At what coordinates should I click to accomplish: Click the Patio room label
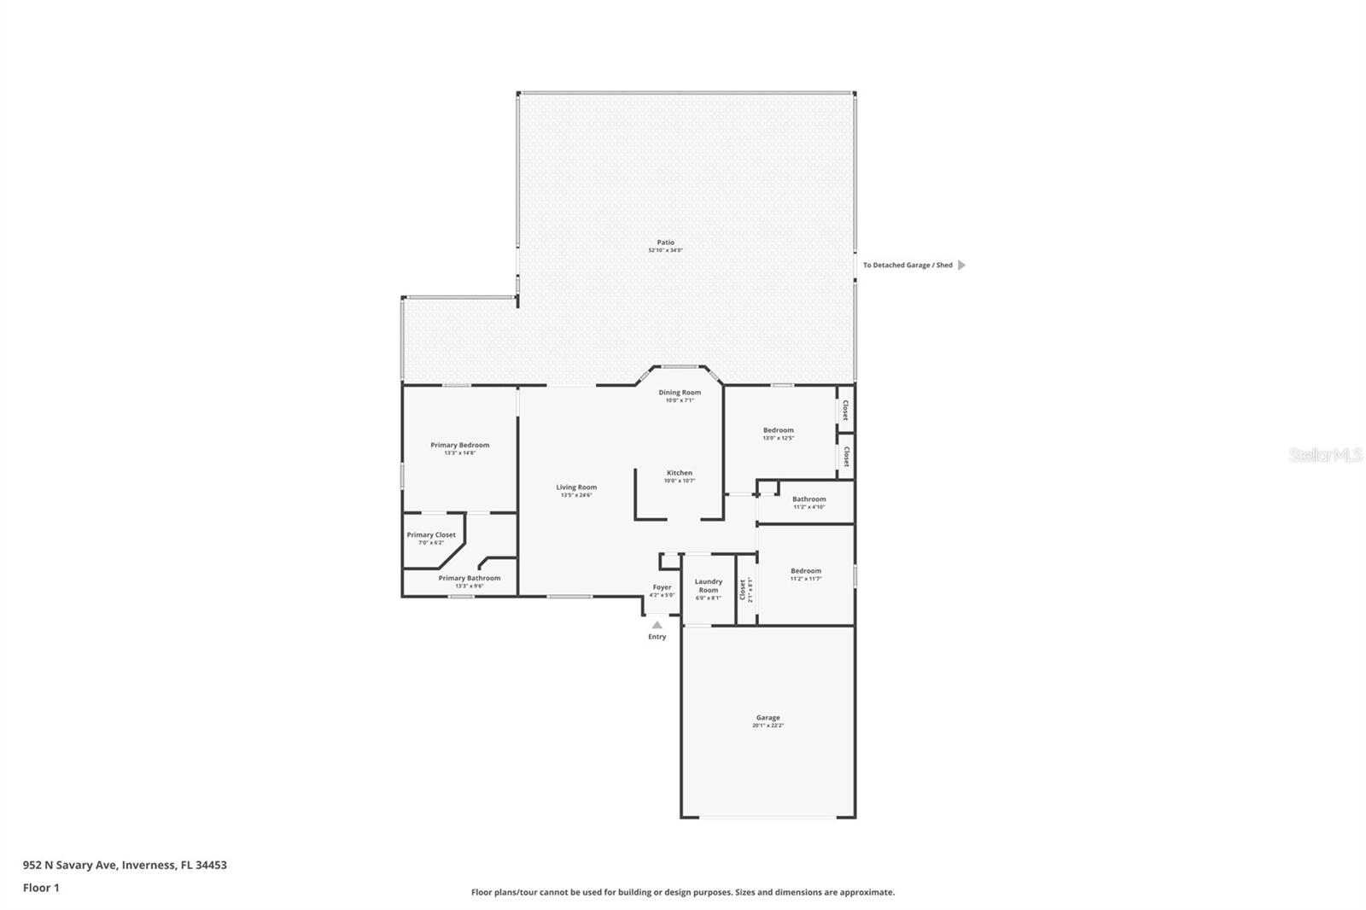(x=665, y=242)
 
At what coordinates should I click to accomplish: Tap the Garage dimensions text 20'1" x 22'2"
(x=768, y=726)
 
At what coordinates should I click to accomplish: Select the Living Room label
(x=576, y=487)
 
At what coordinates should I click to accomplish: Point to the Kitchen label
(x=680, y=473)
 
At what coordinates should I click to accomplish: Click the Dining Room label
(x=680, y=393)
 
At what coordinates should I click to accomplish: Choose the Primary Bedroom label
(x=459, y=445)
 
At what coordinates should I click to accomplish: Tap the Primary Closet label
(x=431, y=535)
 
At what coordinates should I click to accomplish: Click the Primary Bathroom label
(x=470, y=578)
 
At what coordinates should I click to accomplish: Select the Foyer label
(x=662, y=587)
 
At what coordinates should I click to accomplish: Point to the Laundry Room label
(x=709, y=586)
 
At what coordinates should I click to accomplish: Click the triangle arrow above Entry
(x=657, y=625)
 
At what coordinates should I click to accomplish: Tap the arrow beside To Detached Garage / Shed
(x=961, y=265)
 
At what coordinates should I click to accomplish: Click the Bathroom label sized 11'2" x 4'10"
(x=809, y=499)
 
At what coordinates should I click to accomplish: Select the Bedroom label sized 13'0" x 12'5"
(x=778, y=430)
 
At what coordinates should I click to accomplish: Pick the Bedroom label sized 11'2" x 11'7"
(x=805, y=571)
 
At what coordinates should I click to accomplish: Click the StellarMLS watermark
(x=1325, y=456)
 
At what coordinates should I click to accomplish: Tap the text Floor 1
(x=41, y=888)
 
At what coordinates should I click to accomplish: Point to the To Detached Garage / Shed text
(x=907, y=265)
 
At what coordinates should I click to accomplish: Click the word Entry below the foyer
(x=657, y=637)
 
